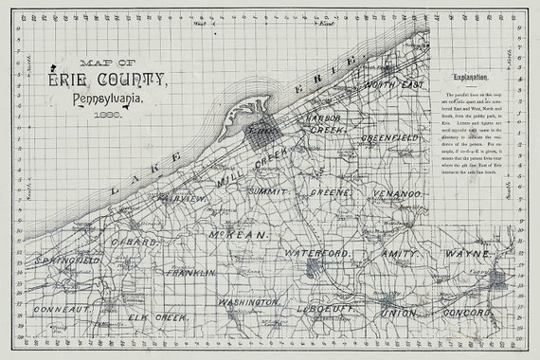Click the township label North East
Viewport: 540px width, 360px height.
point(392,85)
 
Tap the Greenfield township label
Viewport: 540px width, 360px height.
point(388,137)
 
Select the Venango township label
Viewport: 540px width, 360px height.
point(395,193)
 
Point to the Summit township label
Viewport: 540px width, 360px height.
point(269,191)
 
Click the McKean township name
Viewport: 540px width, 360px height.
point(242,232)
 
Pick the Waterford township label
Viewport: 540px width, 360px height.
point(318,255)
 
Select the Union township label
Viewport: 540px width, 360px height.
point(398,312)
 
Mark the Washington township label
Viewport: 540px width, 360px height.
point(249,302)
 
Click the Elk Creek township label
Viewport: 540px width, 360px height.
point(158,316)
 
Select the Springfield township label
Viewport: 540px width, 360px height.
point(67,259)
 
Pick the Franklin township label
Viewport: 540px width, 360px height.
point(190,272)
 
